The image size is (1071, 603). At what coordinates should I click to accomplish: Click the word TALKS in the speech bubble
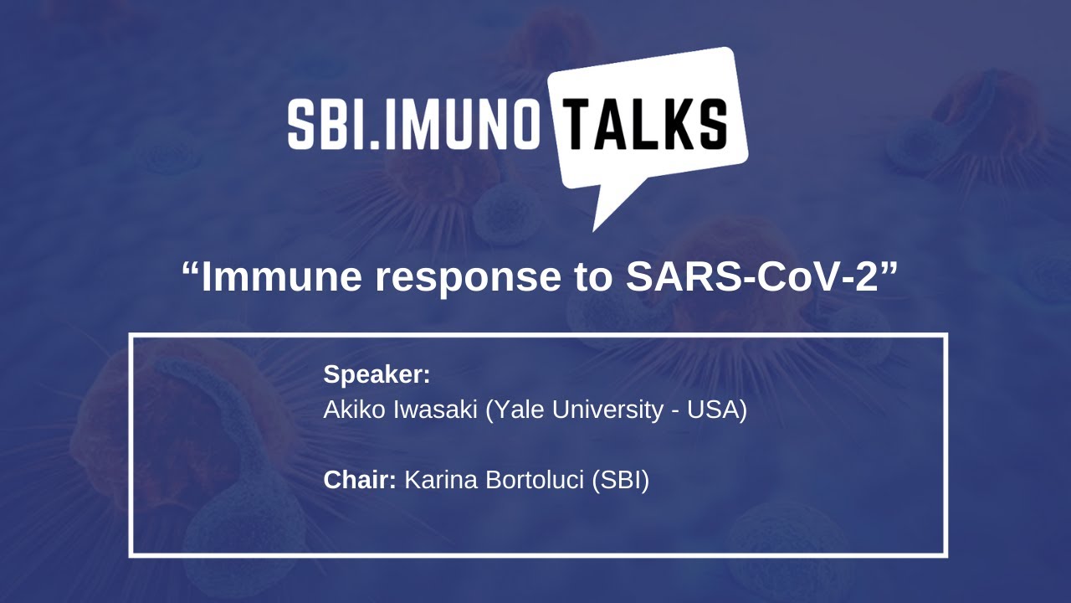coord(644,124)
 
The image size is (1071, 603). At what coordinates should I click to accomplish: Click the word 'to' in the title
coord(593,277)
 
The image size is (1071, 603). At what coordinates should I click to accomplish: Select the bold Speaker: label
coord(377,374)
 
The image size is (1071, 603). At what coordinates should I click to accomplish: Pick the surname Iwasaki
coord(436,410)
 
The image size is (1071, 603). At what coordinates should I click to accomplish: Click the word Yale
coord(515,410)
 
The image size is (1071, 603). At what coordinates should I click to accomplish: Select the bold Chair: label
coord(360,480)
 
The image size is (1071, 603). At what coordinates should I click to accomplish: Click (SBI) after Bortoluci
coord(621,481)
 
